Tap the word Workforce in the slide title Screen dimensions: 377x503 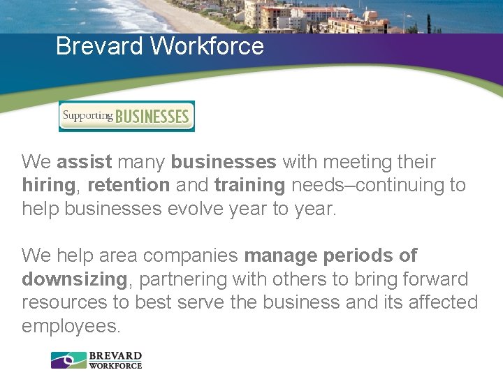(207, 47)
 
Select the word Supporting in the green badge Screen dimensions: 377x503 (87, 114)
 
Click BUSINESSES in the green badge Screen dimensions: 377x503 (152, 116)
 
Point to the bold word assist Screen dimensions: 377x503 (85, 162)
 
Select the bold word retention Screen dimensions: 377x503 (129, 185)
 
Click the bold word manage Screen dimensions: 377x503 (282, 256)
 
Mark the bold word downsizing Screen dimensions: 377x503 (74, 279)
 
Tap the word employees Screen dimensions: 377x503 (71, 326)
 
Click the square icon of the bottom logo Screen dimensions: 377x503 (68, 360)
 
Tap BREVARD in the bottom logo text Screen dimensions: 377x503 (115, 356)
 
